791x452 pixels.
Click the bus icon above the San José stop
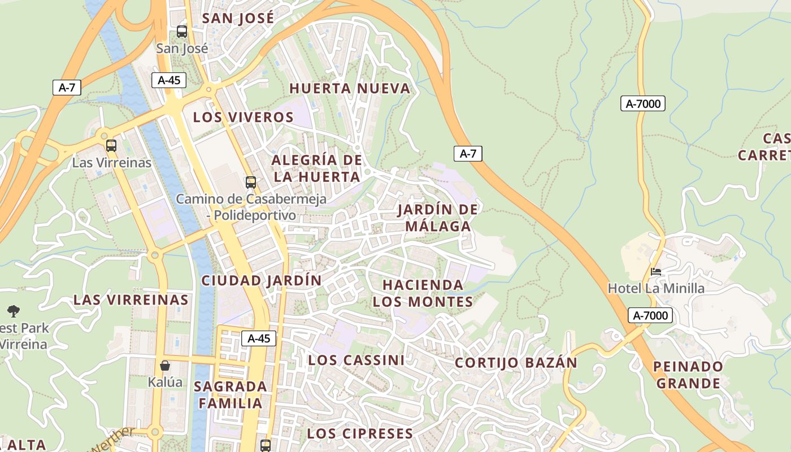(182, 32)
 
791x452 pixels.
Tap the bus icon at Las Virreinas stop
(111, 146)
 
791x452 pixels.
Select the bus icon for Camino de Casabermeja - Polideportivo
(250, 182)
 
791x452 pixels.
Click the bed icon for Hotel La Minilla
(656, 272)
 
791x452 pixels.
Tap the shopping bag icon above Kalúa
(165, 366)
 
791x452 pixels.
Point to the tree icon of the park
(14, 311)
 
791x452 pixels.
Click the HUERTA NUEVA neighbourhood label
(350, 89)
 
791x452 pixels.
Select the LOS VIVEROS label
(244, 118)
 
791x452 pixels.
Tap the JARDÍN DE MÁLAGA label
(437, 218)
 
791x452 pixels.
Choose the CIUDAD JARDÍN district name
(262, 280)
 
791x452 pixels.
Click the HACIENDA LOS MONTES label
(423, 293)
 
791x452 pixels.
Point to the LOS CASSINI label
(356, 360)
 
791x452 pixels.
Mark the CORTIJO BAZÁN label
(516, 363)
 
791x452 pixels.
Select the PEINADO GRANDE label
(688, 375)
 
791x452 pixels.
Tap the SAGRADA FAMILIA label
(230, 395)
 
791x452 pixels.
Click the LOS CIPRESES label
(360, 434)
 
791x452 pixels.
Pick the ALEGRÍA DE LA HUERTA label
(316, 168)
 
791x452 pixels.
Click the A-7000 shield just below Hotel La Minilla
(650, 316)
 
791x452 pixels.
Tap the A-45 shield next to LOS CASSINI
(259, 338)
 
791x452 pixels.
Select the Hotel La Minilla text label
(656, 289)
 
